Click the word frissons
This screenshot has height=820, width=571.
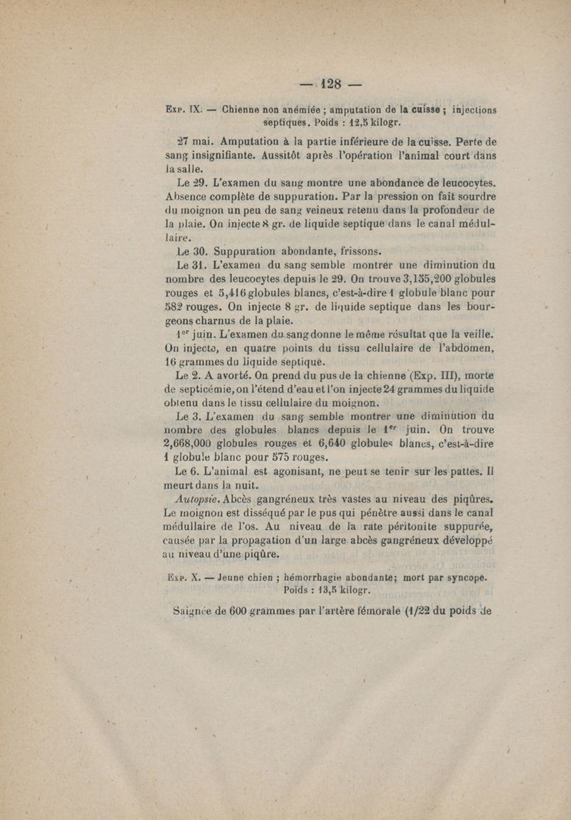click(360, 250)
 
